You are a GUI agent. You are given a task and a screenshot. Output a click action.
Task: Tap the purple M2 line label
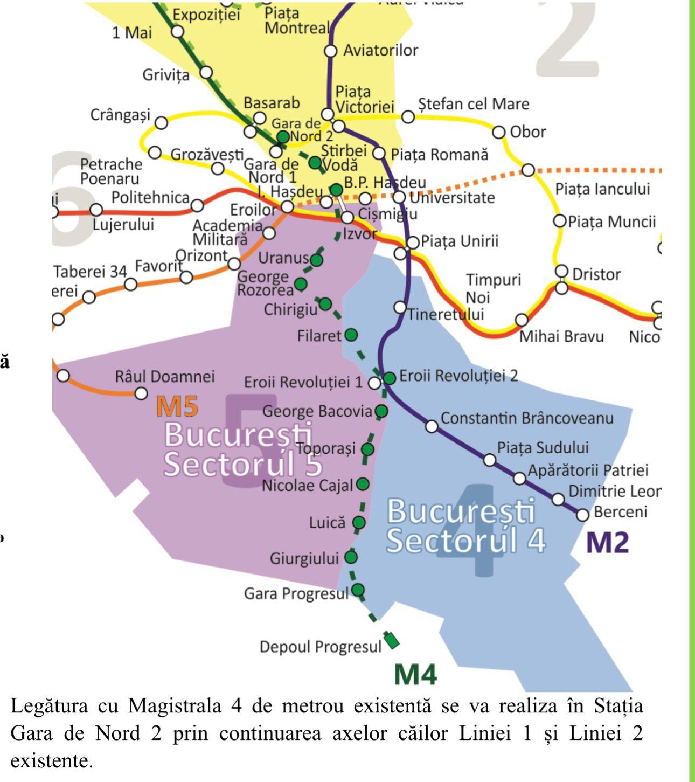click(607, 542)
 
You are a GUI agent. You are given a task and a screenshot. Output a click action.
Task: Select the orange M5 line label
click(177, 407)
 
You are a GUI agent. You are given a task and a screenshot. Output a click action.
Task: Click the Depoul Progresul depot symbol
click(392, 641)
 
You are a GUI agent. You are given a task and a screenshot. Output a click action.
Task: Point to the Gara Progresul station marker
click(358, 589)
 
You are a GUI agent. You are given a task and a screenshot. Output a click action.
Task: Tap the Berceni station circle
click(582, 515)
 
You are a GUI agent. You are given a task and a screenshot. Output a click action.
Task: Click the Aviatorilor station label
click(380, 50)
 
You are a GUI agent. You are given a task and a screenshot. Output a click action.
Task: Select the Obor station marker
click(499, 132)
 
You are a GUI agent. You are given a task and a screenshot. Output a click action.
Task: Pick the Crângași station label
click(120, 115)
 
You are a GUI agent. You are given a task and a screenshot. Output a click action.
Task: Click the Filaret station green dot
click(351, 335)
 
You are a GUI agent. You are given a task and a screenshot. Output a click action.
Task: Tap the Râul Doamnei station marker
click(141, 393)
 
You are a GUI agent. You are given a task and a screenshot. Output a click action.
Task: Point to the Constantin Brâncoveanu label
click(527, 418)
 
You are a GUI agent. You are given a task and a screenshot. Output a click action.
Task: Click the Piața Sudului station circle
click(489, 460)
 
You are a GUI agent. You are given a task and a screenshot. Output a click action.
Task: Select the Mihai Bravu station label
click(561, 337)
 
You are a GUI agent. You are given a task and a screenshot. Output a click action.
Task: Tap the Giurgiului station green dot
click(351, 557)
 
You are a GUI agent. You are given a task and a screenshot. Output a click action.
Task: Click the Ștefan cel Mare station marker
click(408, 116)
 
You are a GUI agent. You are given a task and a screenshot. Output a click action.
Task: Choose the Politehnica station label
click(150, 198)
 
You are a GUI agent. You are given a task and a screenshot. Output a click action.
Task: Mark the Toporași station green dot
click(367, 449)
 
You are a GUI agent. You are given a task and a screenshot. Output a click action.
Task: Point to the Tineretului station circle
click(400, 307)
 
